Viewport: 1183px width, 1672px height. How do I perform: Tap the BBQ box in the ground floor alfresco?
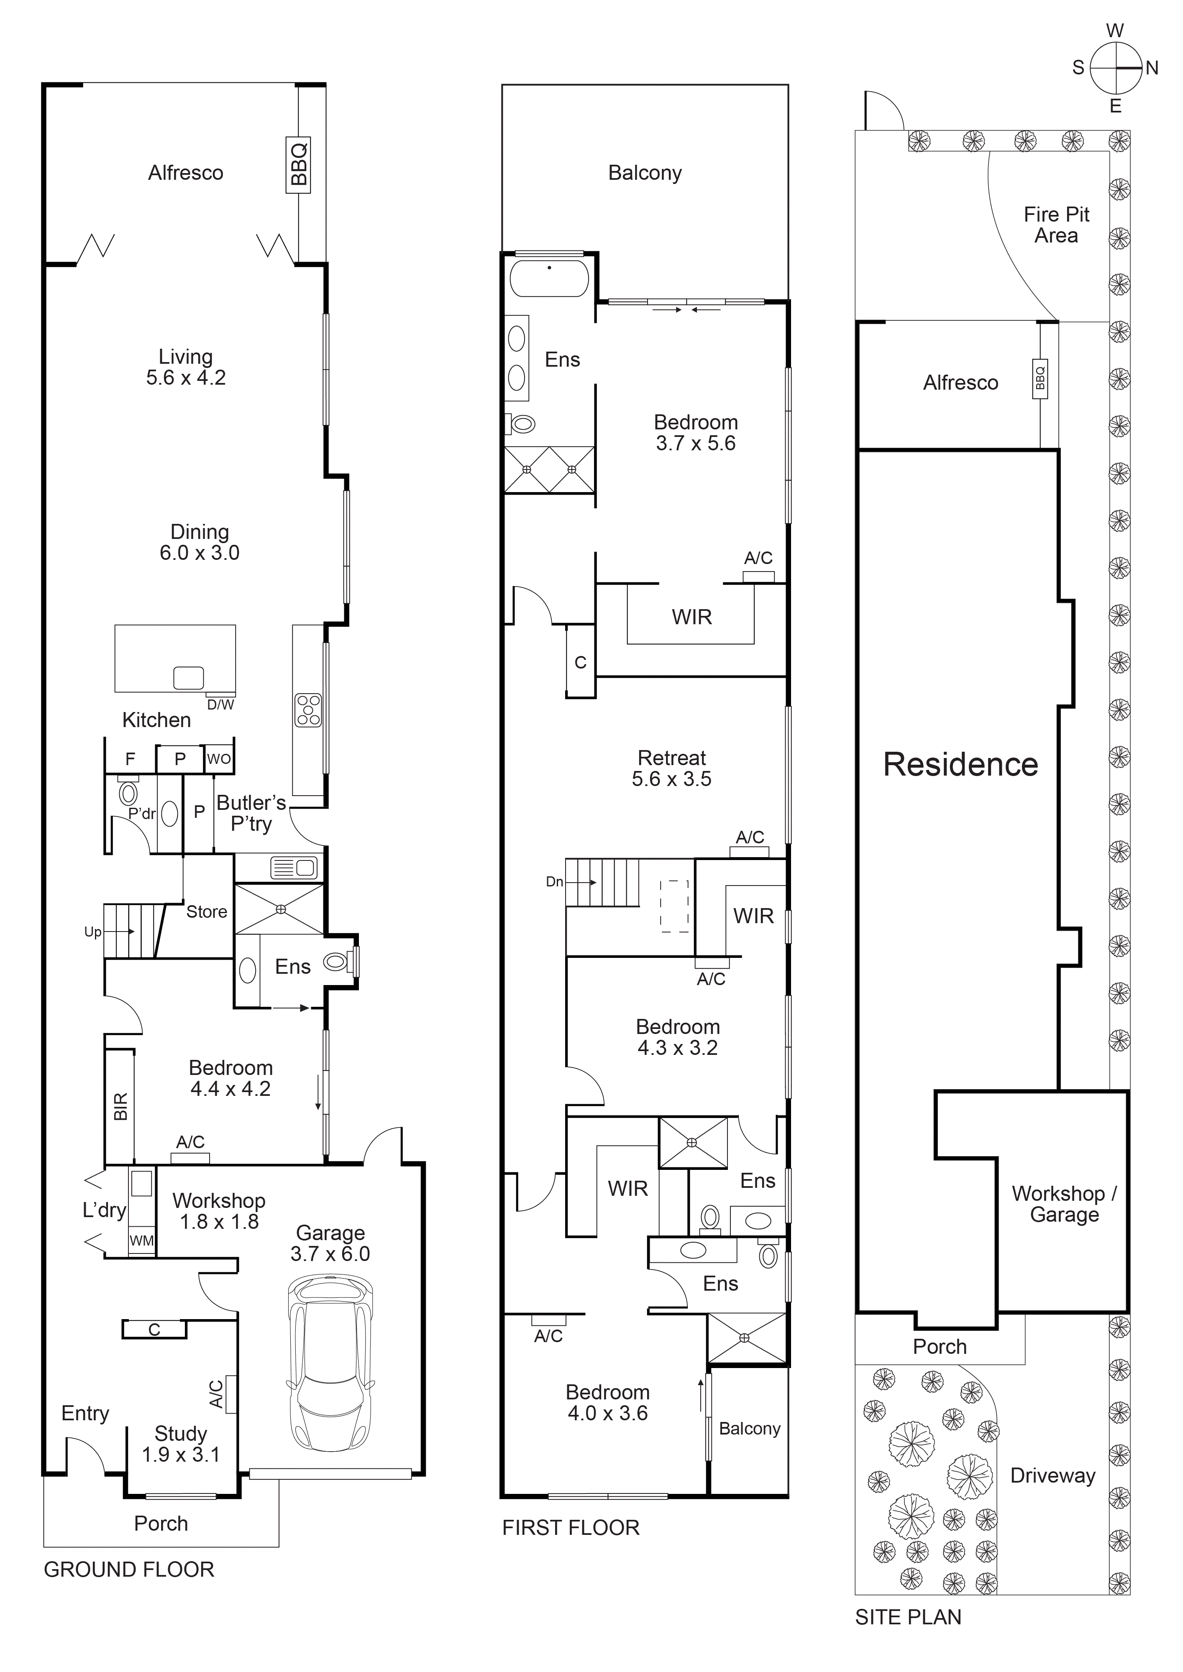click(298, 165)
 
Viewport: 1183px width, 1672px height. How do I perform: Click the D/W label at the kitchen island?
click(221, 705)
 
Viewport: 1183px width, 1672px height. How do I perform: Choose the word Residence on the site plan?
click(960, 765)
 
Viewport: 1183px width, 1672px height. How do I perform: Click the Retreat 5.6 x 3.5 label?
click(672, 768)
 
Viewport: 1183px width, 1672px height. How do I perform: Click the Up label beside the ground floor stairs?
click(92, 932)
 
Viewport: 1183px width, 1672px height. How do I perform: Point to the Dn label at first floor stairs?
click(554, 882)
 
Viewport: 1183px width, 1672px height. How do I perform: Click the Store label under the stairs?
click(207, 912)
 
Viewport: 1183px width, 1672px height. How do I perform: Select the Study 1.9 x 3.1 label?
click(181, 1444)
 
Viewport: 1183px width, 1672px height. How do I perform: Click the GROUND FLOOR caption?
click(129, 1569)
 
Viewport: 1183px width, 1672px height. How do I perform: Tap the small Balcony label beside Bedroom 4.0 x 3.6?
click(750, 1429)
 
